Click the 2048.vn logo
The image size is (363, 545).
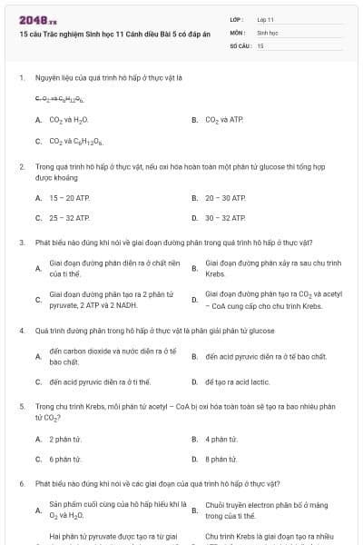pyautogui.click(x=34, y=19)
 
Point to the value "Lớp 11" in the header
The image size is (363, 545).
pyautogui.click(x=266, y=18)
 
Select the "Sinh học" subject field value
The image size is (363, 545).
pyautogui.click(x=267, y=32)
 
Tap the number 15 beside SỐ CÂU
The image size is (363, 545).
pyautogui.click(x=260, y=45)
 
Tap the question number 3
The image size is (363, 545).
pyautogui.click(x=22, y=243)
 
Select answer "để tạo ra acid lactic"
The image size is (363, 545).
pyautogui.click(x=239, y=381)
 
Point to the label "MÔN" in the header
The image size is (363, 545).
pyautogui.click(x=237, y=32)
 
